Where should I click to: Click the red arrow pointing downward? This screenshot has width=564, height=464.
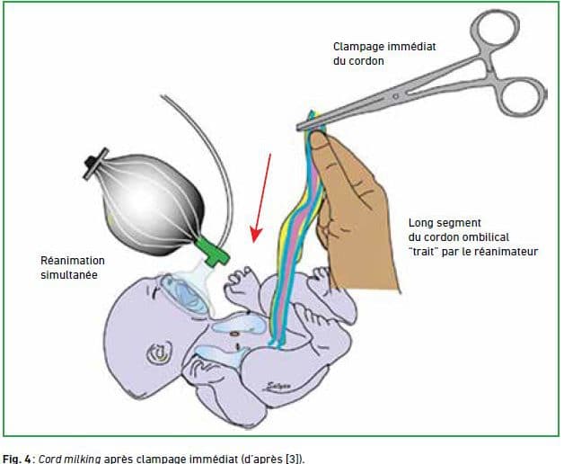(x=261, y=198)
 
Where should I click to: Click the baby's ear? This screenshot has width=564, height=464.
(x=160, y=352)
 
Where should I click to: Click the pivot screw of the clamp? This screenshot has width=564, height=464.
(x=396, y=96)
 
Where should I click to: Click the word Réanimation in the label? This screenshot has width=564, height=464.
(x=73, y=260)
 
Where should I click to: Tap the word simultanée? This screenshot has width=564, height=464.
(x=69, y=275)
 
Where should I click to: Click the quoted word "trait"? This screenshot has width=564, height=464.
(x=424, y=252)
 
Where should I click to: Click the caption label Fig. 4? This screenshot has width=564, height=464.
(x=16, y=459)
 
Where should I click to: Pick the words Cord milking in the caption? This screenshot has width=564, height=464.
(x=69, y=459)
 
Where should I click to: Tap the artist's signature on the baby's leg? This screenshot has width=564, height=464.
(x=276, y=387)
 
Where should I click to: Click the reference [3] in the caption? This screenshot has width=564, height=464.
(x=293, y=459)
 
